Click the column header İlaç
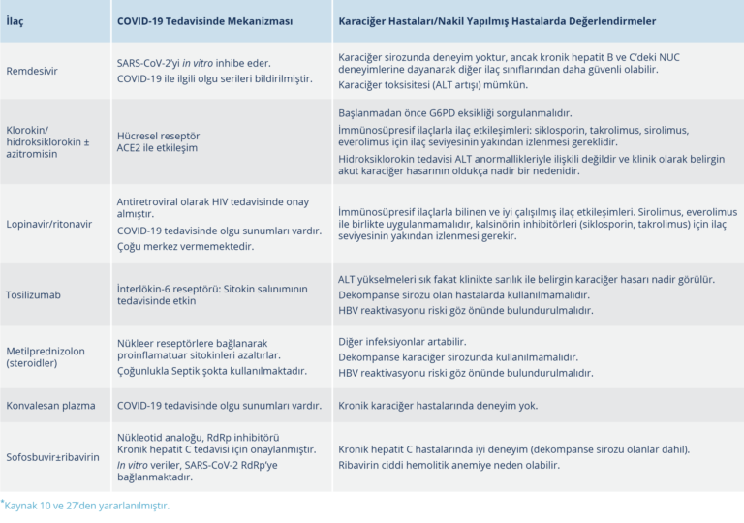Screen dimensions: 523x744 16,19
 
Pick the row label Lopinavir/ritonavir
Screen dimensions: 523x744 48,224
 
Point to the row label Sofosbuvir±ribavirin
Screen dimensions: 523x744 52,456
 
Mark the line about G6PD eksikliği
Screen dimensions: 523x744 455,113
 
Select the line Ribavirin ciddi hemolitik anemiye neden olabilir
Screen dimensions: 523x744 449,464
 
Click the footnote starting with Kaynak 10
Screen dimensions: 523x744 87,506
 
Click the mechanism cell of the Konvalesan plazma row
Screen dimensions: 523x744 219,406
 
